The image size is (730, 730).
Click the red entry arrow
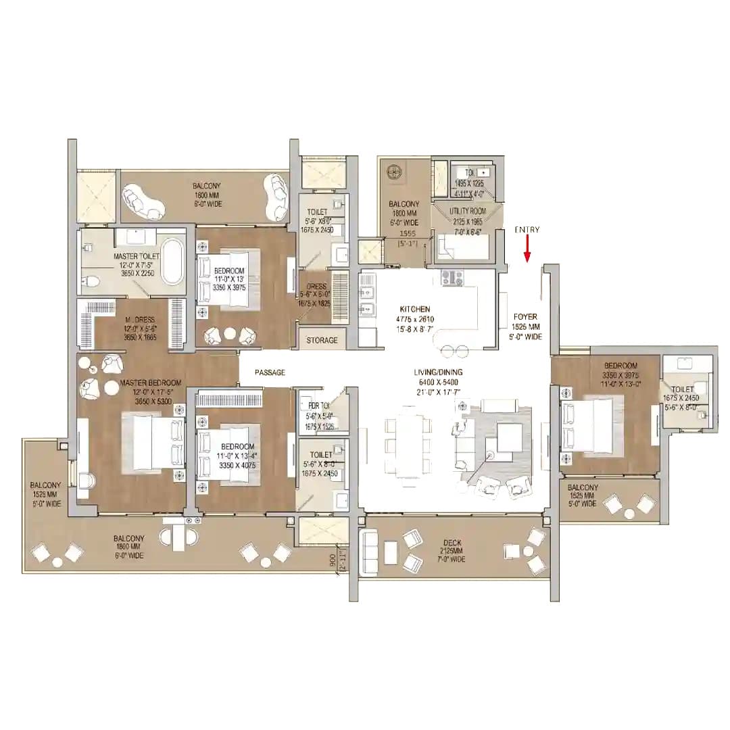[x=527, y=249]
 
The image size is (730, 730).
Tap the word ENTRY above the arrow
[x=527, y=230]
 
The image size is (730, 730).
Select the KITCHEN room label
[x=414, y=309]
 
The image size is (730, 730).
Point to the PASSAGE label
[x=270, y=372]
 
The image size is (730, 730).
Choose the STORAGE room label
[x=322, y=340]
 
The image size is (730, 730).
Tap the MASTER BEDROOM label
[x=149, y=383]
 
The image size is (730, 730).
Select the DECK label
[x=452, y=542]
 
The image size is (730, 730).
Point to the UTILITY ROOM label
[x=468, y=212]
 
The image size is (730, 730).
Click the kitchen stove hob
[x=451, y=277]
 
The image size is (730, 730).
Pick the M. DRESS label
[x=139, y=320]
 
